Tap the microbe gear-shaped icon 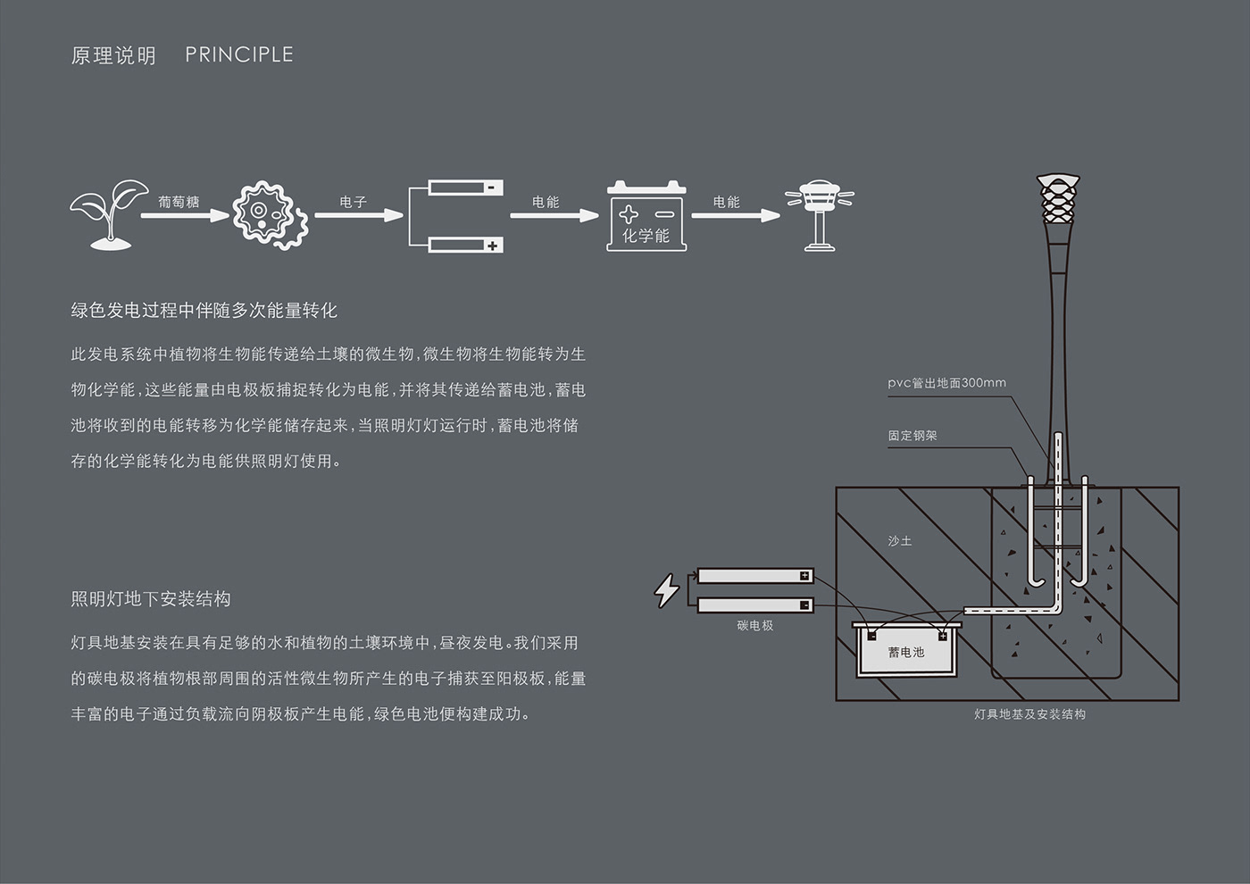[270, 214]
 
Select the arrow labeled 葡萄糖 [184, 215]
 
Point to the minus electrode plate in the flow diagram [465, 188]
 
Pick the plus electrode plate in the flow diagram [465, 245]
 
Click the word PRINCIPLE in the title [239, 54]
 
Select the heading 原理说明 [113, 55]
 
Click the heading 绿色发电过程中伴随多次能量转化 [204, 311]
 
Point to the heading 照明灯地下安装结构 [151, 599]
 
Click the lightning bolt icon [666, 590]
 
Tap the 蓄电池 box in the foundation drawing [906, 651]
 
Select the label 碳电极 [755, 626]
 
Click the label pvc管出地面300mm [946, 383]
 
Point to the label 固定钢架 [912, 436]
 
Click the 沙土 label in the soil [900, 541]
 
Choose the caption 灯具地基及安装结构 [1029, 714]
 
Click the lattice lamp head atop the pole [1058, 202]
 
